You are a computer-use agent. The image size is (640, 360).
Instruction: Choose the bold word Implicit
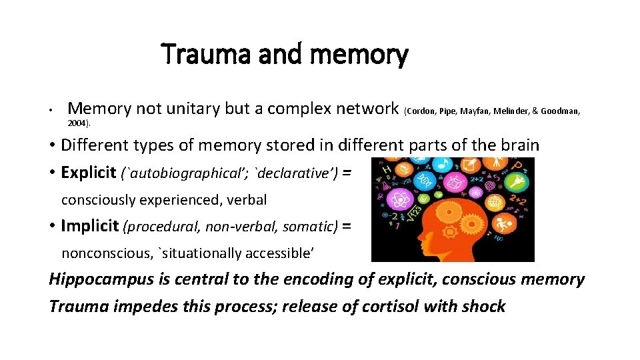pyautogui.click(x=90, y=226)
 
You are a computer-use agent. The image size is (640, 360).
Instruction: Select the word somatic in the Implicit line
pyautogui.click(x=309, y=227)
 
